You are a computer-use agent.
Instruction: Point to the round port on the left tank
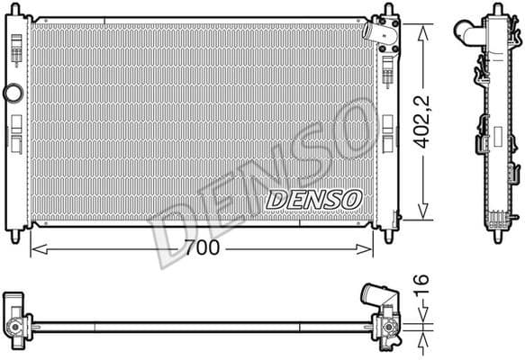pyautogui.click(x=13, y=93)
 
